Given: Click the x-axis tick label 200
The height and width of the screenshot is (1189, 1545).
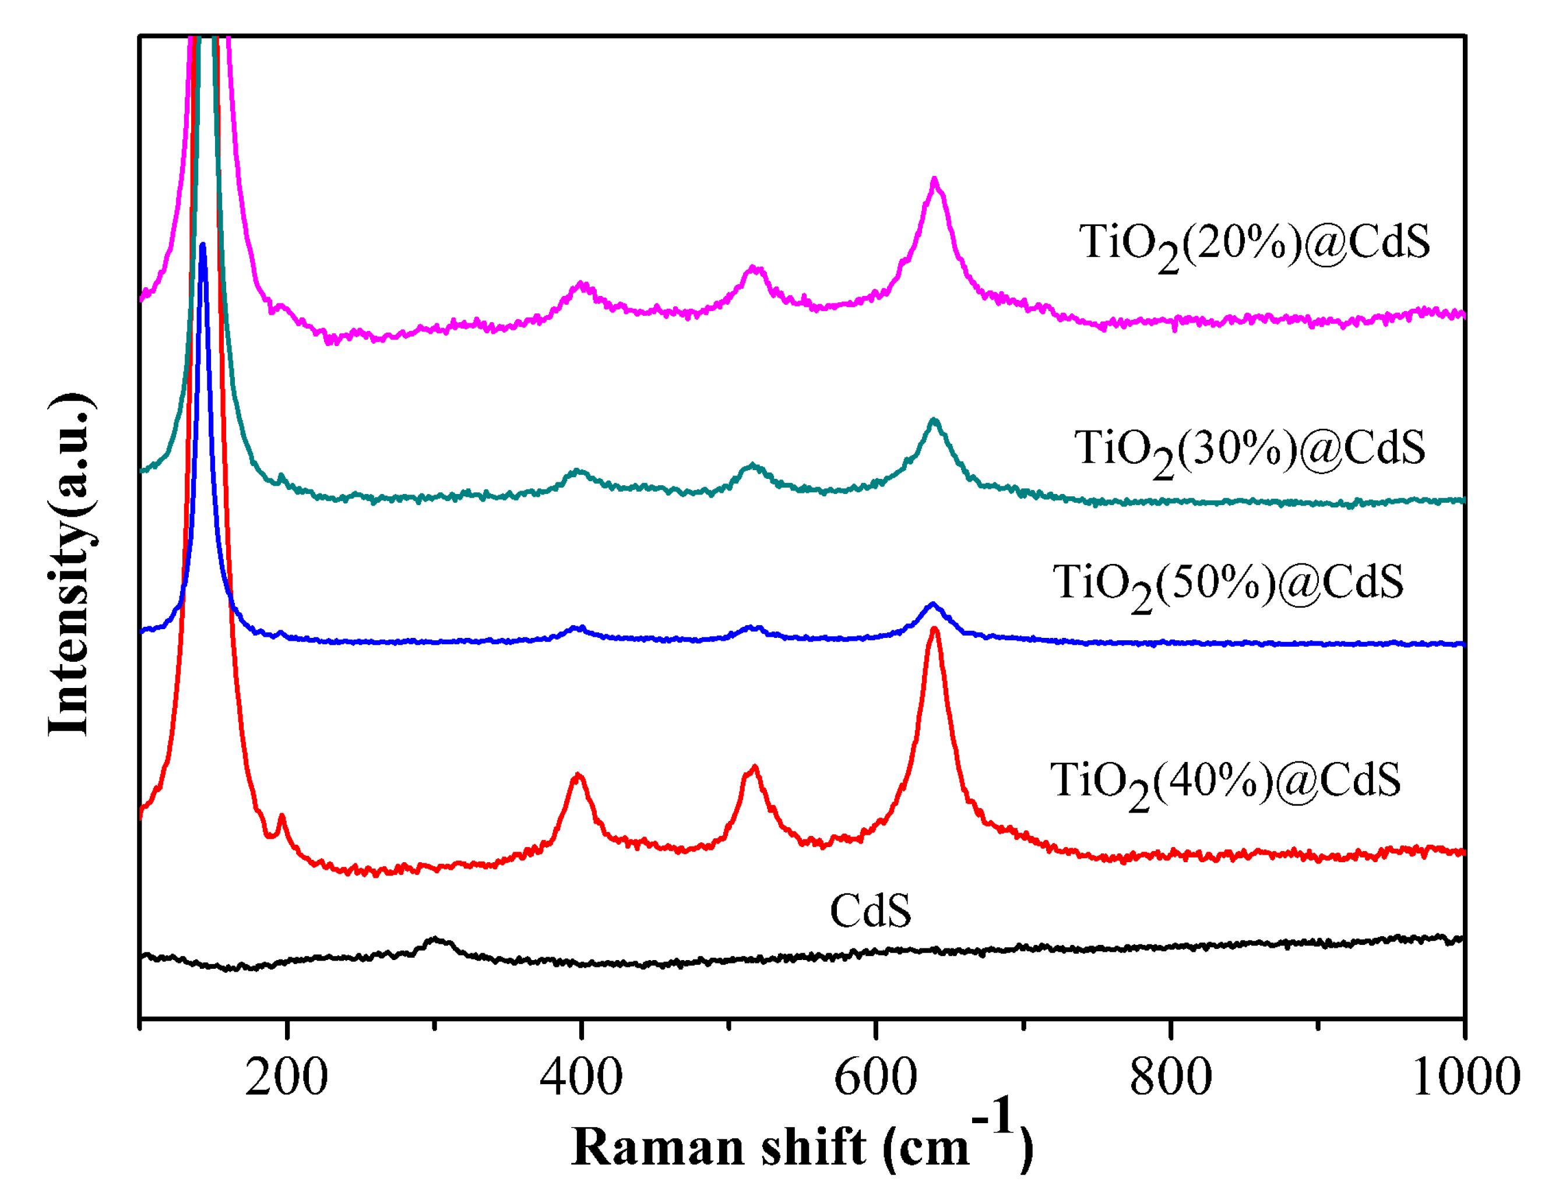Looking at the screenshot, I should click(x=287, y=1078).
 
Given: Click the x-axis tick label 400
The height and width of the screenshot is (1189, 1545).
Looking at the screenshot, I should click(x=581, y=1078).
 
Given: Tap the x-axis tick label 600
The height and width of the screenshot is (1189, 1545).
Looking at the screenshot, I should click(x=876, y=1078).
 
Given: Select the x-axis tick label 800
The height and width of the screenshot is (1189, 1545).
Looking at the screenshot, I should click(x=1171, y=1078).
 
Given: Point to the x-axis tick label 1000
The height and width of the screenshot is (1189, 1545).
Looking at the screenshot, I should click(x=1465, y=1078).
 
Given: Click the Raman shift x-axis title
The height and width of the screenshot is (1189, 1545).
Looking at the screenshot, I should click(x=801, y=1146).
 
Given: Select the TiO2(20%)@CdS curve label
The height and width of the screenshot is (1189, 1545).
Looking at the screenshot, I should click(x=1254, y=244).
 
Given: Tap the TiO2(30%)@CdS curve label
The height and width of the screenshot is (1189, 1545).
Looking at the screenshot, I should click(x=1250, y=450).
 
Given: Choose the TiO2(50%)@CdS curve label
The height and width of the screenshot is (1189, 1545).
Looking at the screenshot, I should click(x=1228, y=584).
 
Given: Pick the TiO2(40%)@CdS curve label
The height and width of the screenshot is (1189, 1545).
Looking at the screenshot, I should click(x=1225, y=782).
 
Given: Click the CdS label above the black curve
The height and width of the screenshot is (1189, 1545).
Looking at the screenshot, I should click(x=870, y=911).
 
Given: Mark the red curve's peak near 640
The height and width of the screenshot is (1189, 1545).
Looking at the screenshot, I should click(x=934, y=630).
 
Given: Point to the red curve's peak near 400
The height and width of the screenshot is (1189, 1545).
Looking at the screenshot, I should click(x=578, y=776).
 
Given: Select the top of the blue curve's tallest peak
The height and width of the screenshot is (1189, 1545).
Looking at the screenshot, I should click(x=203, y=245).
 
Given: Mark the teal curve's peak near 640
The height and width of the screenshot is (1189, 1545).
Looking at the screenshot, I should click(x=934, y=421).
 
